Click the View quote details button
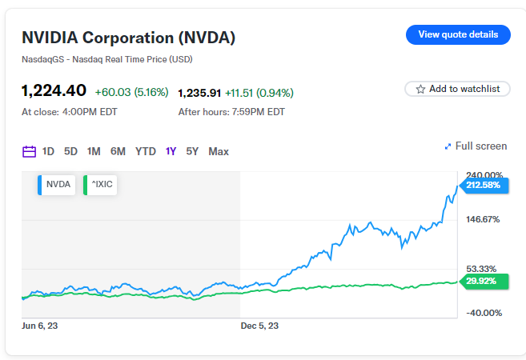458,34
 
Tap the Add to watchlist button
458,89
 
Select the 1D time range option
48,151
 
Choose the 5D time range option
70,151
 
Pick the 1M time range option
94,151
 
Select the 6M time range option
118,151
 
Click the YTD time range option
146,151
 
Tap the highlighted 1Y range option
171,151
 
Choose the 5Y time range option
192,151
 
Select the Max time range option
219,151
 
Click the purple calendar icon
29,151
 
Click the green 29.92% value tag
484,281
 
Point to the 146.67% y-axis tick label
483,218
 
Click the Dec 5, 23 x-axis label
259,326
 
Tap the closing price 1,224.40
54,91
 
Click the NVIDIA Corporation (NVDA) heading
128,38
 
